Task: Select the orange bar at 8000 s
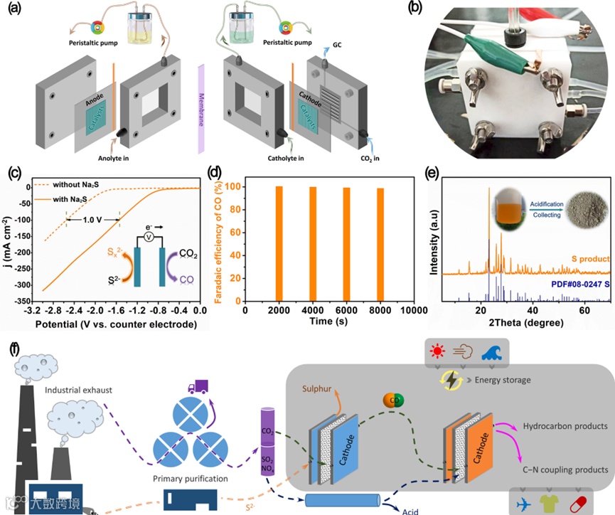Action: pyautogui.click(x=380, y=244)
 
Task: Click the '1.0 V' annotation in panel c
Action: pyautogui.click(x=93, y=221)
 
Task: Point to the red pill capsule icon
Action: pyautogui.click(x=594, y=501)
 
